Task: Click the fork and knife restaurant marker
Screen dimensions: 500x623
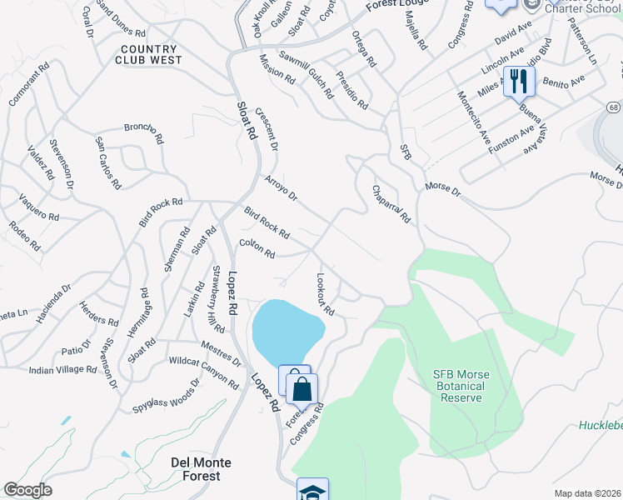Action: click(x=518, y=82)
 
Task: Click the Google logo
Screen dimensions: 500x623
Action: click(x=28, y=490)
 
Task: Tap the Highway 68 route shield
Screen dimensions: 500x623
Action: click(x=613, y=107)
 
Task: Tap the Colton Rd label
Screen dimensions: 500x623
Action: click(x=257, y=248)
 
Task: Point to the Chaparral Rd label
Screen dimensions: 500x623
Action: click(x=391, y=203)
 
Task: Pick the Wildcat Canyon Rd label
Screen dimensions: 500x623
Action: click(x=203, y=370)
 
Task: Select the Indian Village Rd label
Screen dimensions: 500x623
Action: click(x=63, y=369)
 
